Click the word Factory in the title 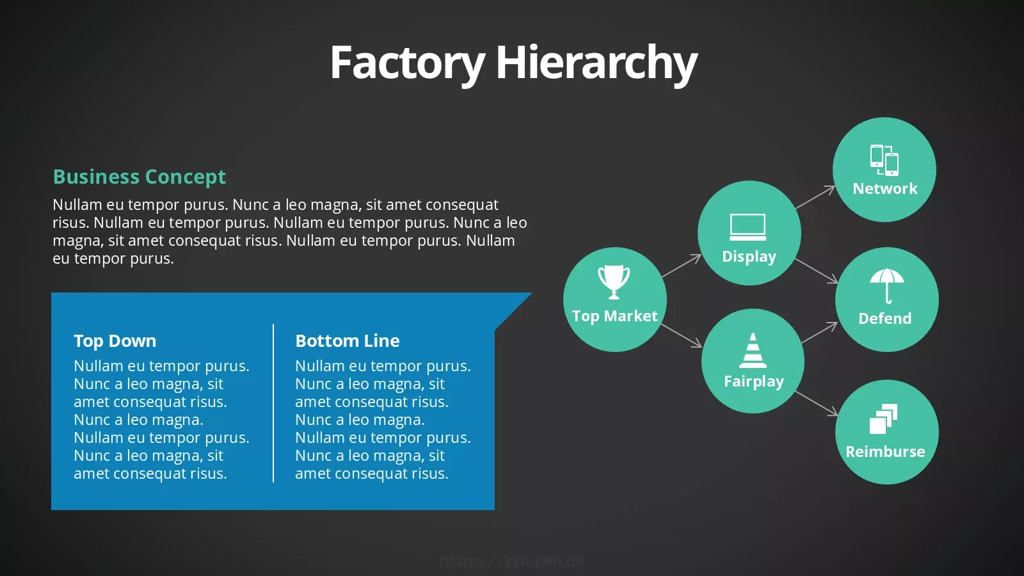pyautogui.click(x=407, y=63)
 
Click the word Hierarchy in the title pyautogui.click(x=596, y=63)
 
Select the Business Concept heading pyautogui.click(x=140, y=177)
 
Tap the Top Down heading pyautogui.click(x=115, y=341)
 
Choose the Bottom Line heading pyautogui.click(x=348, y=341)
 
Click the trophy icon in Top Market pyautogui.click(x=614, y=282)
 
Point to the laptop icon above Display pyautogui.click(x=748, y=227)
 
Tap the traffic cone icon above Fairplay pyautogui.click(x=753, y=351)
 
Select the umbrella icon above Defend pyautogui.click(x=887, y=286)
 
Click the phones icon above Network pyautogui.click(x=884, y=161)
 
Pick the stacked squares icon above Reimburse pyautogui.click(x=883, y=419)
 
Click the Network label pyautogui.click(x=885, y=189)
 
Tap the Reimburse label pyautogui.click(x=886, y=452)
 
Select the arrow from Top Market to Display pyautogui.click(x=682, y=266)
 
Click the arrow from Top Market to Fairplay pyautogui.click(x=682, y=335)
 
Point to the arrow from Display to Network pyautogui.click(x=815, y=197)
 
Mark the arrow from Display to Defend pyautogui.click(x=817, y=271)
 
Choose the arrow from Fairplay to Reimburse pyautogui.click(x=817, y=404)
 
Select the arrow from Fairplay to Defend pyautogui.click(x=819, y=332)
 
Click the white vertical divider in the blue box pyautogui.click(x=273, y=403)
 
